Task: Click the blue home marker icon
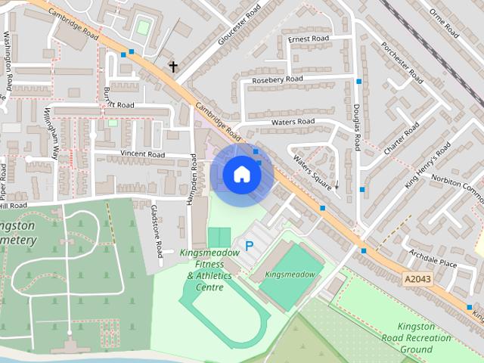click(242, 175)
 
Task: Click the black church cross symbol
click(173, 67)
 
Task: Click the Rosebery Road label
click(278, 79)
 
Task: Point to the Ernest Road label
click(309, 39)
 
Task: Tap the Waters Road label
click(293, 122)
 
